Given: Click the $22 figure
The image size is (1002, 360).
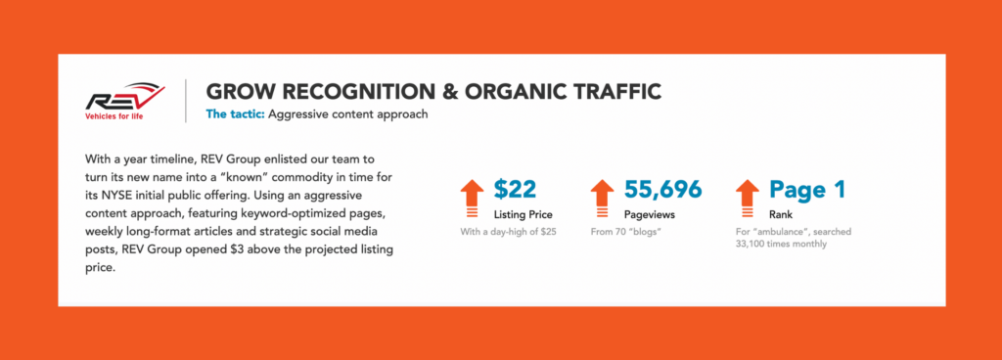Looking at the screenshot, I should click(x=515, y=190).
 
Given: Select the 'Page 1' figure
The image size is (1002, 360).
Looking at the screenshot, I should click(x=807, y=190).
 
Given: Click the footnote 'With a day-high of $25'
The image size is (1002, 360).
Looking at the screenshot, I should click(x=509, y=232).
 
